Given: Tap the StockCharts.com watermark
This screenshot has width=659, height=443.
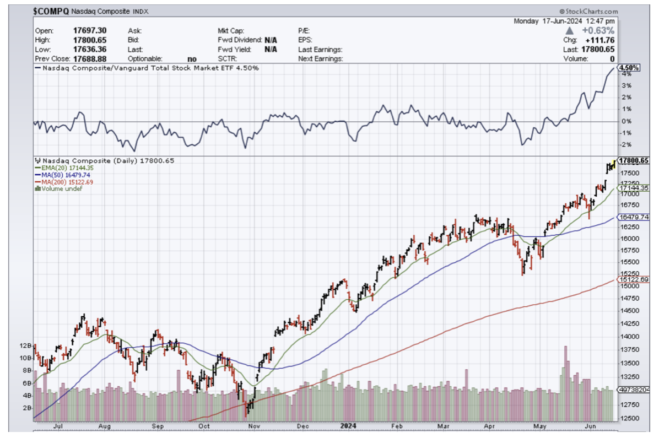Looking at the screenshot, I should point(588,11).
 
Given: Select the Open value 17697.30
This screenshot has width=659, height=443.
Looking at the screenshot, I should point(90,31).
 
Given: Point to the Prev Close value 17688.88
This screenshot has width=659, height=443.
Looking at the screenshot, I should point(90,58).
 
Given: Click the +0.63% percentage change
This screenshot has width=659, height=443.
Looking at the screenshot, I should point(599,31).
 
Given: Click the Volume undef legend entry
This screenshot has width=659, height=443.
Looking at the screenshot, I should point(60,189).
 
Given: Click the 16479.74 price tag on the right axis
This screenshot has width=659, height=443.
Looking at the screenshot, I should point(633,217).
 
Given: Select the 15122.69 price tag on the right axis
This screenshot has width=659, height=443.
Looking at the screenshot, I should point(633,279).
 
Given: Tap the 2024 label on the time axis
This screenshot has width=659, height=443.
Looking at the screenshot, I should point(349,426).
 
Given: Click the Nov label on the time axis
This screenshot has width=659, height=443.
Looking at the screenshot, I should point(253,426).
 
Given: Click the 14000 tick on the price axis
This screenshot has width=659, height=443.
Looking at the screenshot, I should point(628,336).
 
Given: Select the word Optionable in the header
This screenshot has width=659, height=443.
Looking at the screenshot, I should point(145,58).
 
